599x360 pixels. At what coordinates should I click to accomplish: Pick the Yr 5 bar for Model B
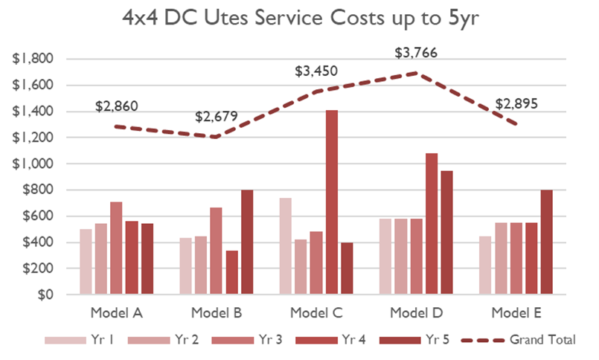(x=248, y=242)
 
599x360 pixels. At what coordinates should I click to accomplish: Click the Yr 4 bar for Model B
(x=231, y=272)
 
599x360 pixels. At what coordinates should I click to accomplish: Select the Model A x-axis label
(x=117, y=312)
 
